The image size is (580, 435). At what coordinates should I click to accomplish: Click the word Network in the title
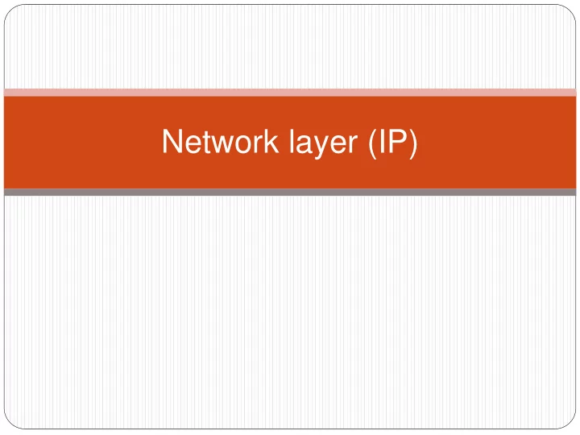click(220, 141)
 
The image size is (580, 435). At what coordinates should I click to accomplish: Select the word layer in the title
click(323, 143)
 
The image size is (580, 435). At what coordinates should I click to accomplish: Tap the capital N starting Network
click(172, 141)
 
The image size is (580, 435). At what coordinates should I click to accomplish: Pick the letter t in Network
click(206, 142)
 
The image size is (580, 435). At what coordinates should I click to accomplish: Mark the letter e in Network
click(193, 145)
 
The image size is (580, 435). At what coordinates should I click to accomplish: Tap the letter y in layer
click(320, 147)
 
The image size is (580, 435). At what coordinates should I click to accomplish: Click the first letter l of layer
click(291, 141)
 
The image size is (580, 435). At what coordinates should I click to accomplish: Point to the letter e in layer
click(336, 145)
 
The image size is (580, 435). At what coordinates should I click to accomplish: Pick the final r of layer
click(353, 145)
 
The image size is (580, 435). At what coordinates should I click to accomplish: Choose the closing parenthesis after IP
click(413, 144)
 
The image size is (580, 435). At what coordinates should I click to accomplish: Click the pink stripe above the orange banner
click(290, 93)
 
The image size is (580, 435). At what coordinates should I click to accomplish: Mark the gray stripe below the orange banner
click(290, 192)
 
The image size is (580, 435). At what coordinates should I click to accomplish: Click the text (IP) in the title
click(393, 144)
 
